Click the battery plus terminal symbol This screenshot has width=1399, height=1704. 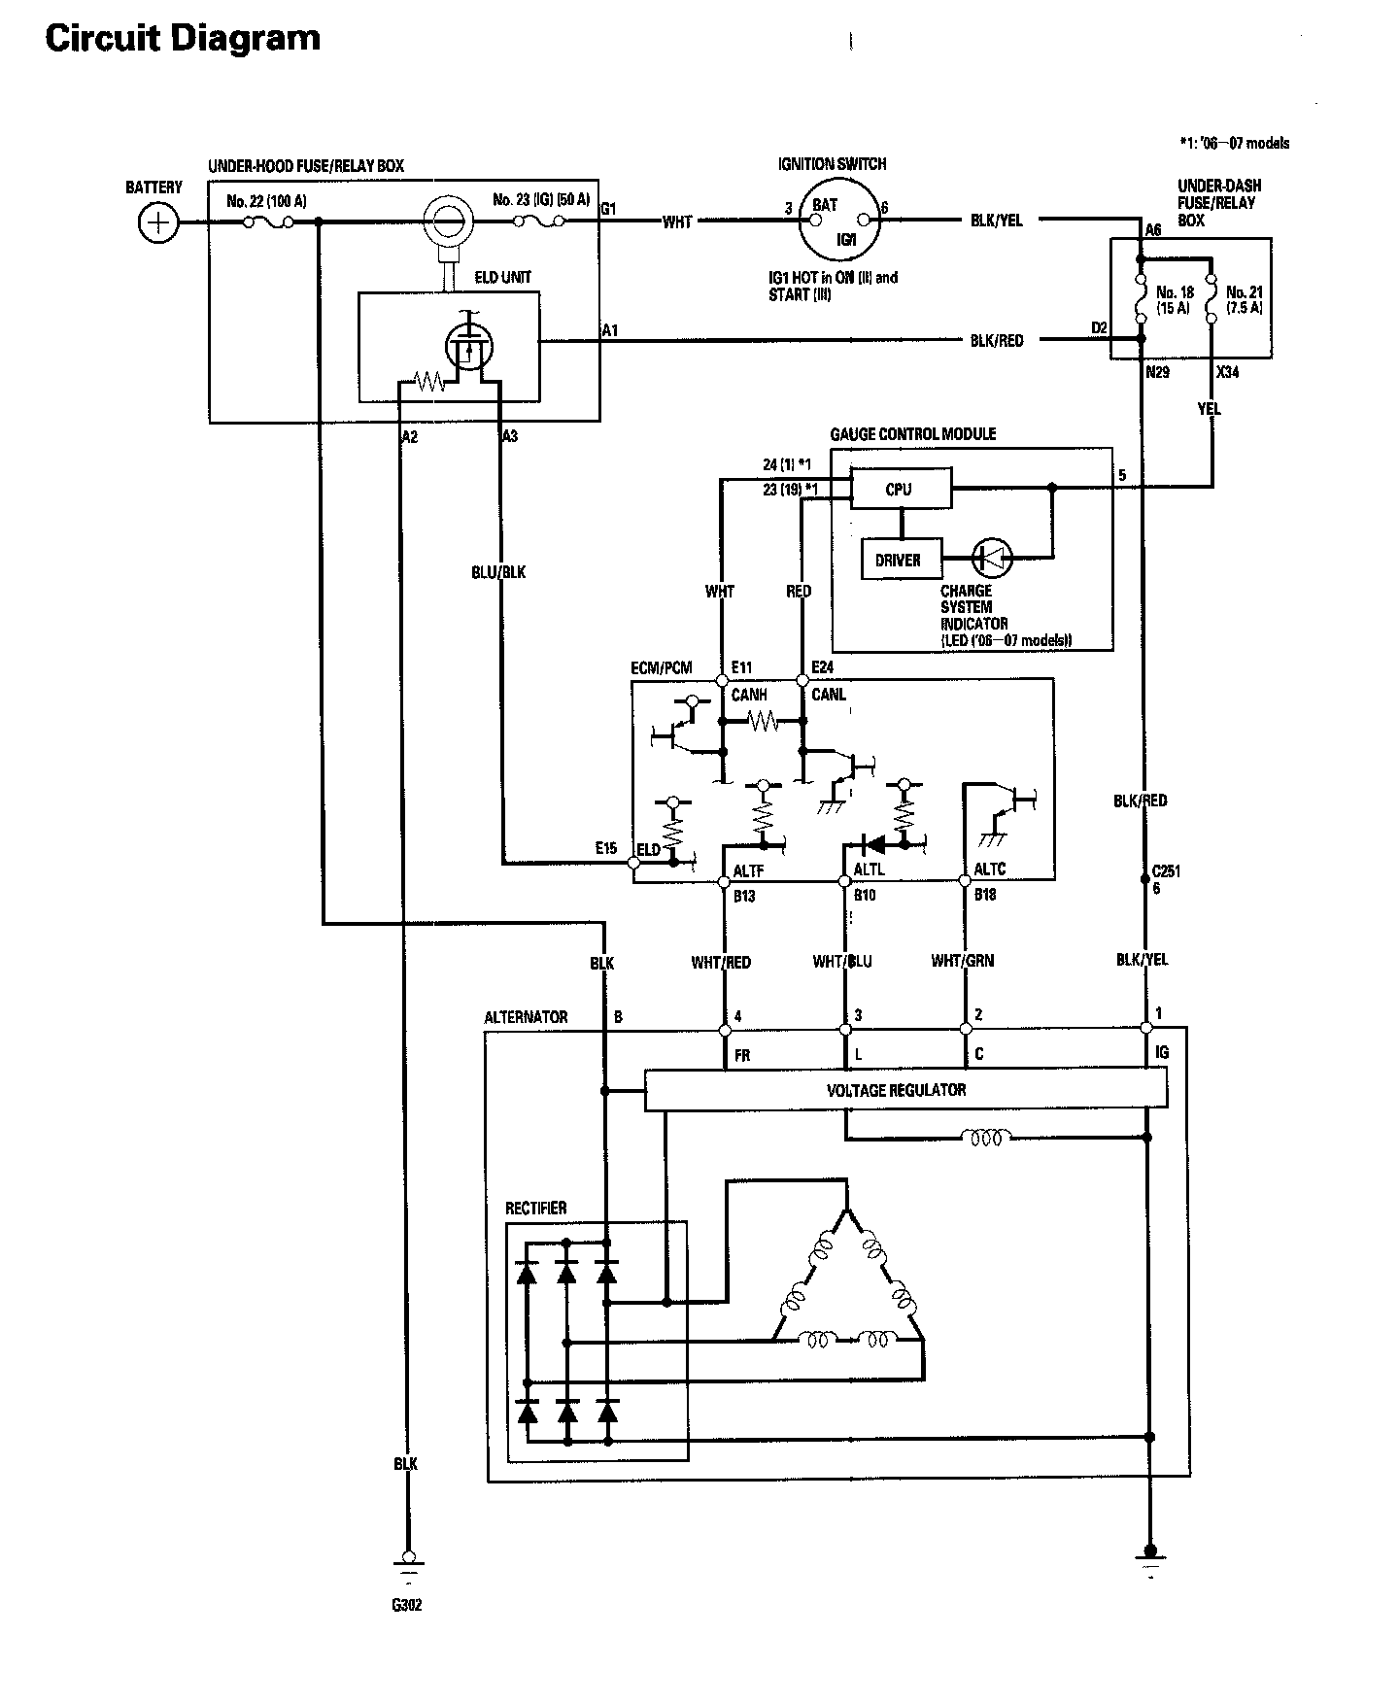(x=156, y=224)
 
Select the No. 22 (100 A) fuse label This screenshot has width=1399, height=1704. (x=266, y=202)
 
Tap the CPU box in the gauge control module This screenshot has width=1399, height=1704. (x=901, y=489)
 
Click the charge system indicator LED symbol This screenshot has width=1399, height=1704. (x=993, y=558)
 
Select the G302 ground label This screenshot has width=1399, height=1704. (x=407, y=1605)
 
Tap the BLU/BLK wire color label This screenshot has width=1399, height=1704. (x=498, y=572)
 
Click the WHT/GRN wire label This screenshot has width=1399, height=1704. (x=963, y=961)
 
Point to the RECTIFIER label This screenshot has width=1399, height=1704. (x=536, y=1209)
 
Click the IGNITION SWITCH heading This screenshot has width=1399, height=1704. (x=833, y=164)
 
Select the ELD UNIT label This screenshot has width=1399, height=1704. (x=502, y=277)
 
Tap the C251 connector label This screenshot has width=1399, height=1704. (x=1166, y=870)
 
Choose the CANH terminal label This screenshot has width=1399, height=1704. (x=749, y=695)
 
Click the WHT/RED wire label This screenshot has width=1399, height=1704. (x=721, y=962)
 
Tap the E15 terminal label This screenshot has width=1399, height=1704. (x=606, y=847)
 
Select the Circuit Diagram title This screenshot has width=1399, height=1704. (x=183, y=38)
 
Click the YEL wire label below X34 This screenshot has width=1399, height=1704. (x=1210, y=409)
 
